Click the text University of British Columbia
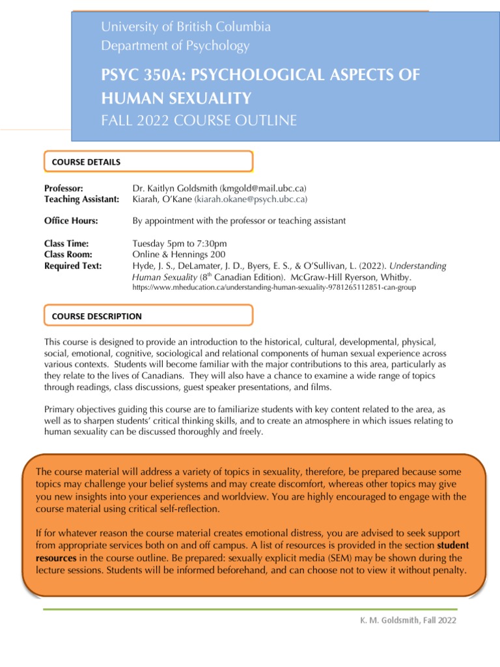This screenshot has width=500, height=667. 186,27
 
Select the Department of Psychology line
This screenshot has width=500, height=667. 175,46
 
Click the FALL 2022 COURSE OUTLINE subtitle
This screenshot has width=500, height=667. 199,120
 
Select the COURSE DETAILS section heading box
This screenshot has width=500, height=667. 148,162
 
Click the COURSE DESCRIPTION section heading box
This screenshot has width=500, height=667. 148,316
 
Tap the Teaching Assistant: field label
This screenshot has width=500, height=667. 81,199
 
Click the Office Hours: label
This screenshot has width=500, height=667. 71,221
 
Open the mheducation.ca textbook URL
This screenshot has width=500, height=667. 273,287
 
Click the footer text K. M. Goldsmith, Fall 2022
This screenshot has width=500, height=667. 408,620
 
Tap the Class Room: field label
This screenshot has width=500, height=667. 68,255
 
